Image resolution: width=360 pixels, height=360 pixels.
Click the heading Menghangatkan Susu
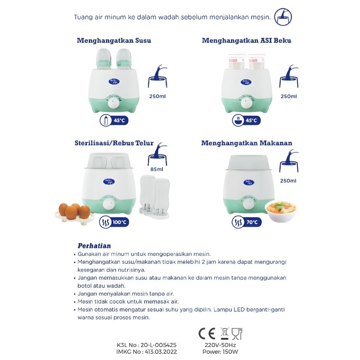coord(114,41)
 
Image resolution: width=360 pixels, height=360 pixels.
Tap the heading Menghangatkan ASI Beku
coord(246,41)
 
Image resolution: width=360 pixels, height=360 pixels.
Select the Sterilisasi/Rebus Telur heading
coord(114,143)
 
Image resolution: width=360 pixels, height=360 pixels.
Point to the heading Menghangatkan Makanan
coord(246,143)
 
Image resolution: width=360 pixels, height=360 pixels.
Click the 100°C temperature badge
coord(114,222)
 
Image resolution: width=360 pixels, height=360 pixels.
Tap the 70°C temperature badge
coord(246,222)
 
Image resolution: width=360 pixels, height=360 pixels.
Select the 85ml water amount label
coord(156,170)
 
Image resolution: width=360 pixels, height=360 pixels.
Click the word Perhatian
coord(94,246)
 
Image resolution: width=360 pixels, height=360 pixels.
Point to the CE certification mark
coord(207,334)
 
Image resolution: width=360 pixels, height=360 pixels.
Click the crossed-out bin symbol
coord(224,333)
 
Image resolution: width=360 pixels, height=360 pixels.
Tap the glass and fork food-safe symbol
coord(237,334)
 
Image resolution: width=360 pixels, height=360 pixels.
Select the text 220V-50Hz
coord(220,345)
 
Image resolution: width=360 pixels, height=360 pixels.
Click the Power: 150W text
coord(220,352)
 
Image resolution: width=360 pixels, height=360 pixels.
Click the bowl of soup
coord(280,211)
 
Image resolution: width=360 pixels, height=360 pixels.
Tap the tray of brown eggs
coord(74,214)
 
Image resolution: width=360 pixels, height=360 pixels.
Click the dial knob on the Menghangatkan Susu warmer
coord(114,103)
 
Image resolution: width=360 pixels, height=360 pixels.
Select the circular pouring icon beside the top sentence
coord(283,17)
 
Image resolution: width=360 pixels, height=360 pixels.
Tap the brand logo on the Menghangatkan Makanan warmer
coord(249,182)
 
